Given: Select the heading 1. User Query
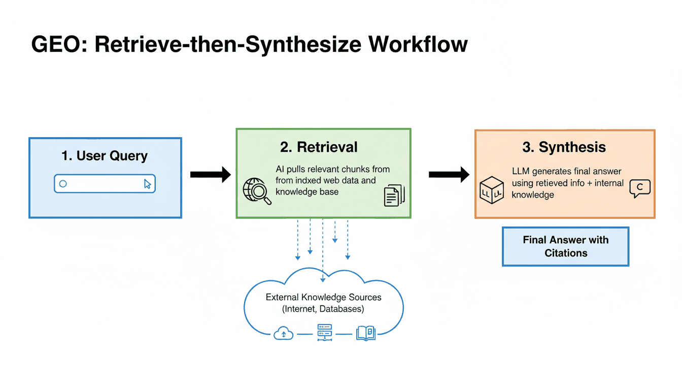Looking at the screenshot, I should click(105, 155).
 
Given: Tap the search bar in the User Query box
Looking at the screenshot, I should click(105, 184).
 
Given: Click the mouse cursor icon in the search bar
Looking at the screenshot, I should click(147, 184).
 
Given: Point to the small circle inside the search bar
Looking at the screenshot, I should click(63, 184).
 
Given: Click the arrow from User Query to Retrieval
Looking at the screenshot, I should click(210, 175).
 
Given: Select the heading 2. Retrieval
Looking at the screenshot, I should click(319, 147).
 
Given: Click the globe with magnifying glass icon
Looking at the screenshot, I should click(257, 191).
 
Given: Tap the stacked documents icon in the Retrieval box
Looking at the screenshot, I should click(394, 195).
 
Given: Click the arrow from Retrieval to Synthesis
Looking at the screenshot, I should click(449, 175).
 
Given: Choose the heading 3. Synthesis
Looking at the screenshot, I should click(564, 147).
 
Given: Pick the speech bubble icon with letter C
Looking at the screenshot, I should click(639, 188).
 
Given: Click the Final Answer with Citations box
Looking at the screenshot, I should click(565, 246).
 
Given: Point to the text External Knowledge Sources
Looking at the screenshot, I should click(323, 297).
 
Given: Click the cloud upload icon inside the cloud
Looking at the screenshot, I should click(283, 333).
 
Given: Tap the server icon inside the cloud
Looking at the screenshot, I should click(324, 333).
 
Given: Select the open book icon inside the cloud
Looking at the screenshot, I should click(365, 333).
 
